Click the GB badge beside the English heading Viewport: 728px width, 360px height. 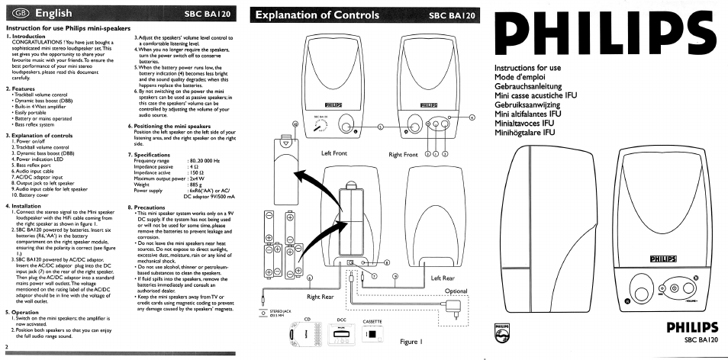[x=18, y=14]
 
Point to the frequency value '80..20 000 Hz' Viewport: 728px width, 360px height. [x=204, y=160]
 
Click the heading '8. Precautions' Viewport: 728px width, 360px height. [x=147, y=207]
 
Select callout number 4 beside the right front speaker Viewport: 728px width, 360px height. [x=472, y=117]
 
